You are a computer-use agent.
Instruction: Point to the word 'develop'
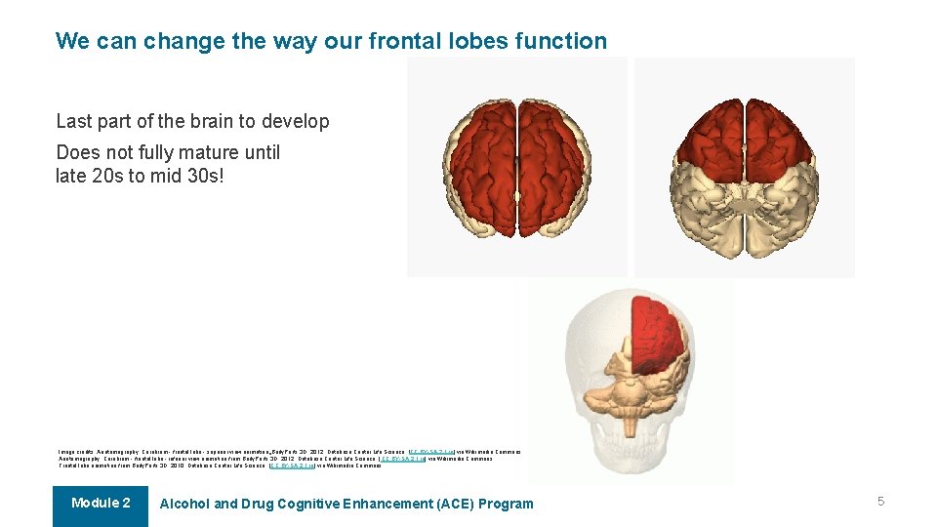[x=296, y=122]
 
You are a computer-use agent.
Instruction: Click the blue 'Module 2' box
[x=101, y=505]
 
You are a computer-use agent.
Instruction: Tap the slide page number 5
[x=880, y=502]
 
